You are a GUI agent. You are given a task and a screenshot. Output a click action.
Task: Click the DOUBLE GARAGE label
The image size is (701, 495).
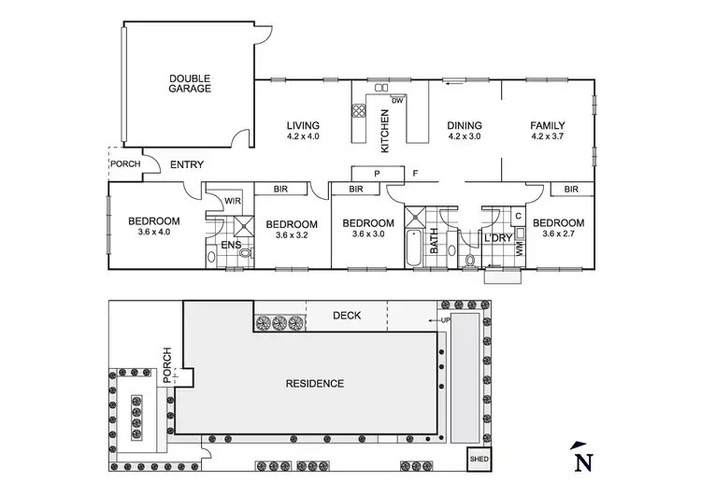coord(190,83)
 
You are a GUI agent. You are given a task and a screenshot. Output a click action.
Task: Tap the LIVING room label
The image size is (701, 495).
coord(303,126)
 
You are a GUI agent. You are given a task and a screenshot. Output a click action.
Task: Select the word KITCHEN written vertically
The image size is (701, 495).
coord(384,130)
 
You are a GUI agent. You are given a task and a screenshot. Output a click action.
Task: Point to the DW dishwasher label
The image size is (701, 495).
coord(397,100)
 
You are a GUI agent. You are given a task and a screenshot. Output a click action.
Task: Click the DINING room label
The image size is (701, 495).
coord(465,126)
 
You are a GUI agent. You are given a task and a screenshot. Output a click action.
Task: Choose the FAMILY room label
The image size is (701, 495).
coord(548,126)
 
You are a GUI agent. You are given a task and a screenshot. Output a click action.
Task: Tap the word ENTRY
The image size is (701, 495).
coord(187,165)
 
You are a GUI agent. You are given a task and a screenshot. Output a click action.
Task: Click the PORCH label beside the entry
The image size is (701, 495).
coord(125,164)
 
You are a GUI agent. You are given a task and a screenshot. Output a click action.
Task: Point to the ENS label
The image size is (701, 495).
coord(231,247)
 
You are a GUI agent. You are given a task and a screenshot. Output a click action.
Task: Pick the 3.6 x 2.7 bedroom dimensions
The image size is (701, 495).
coord(559,234)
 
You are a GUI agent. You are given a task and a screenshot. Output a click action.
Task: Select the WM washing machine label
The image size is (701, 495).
coord(520,247)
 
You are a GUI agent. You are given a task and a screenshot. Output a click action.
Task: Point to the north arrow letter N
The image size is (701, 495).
coord(583,459)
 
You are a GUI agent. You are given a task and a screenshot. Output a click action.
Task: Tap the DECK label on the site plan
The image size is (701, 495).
coord(347,316)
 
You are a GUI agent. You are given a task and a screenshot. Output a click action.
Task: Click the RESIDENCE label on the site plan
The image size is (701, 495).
coord(315,384)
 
